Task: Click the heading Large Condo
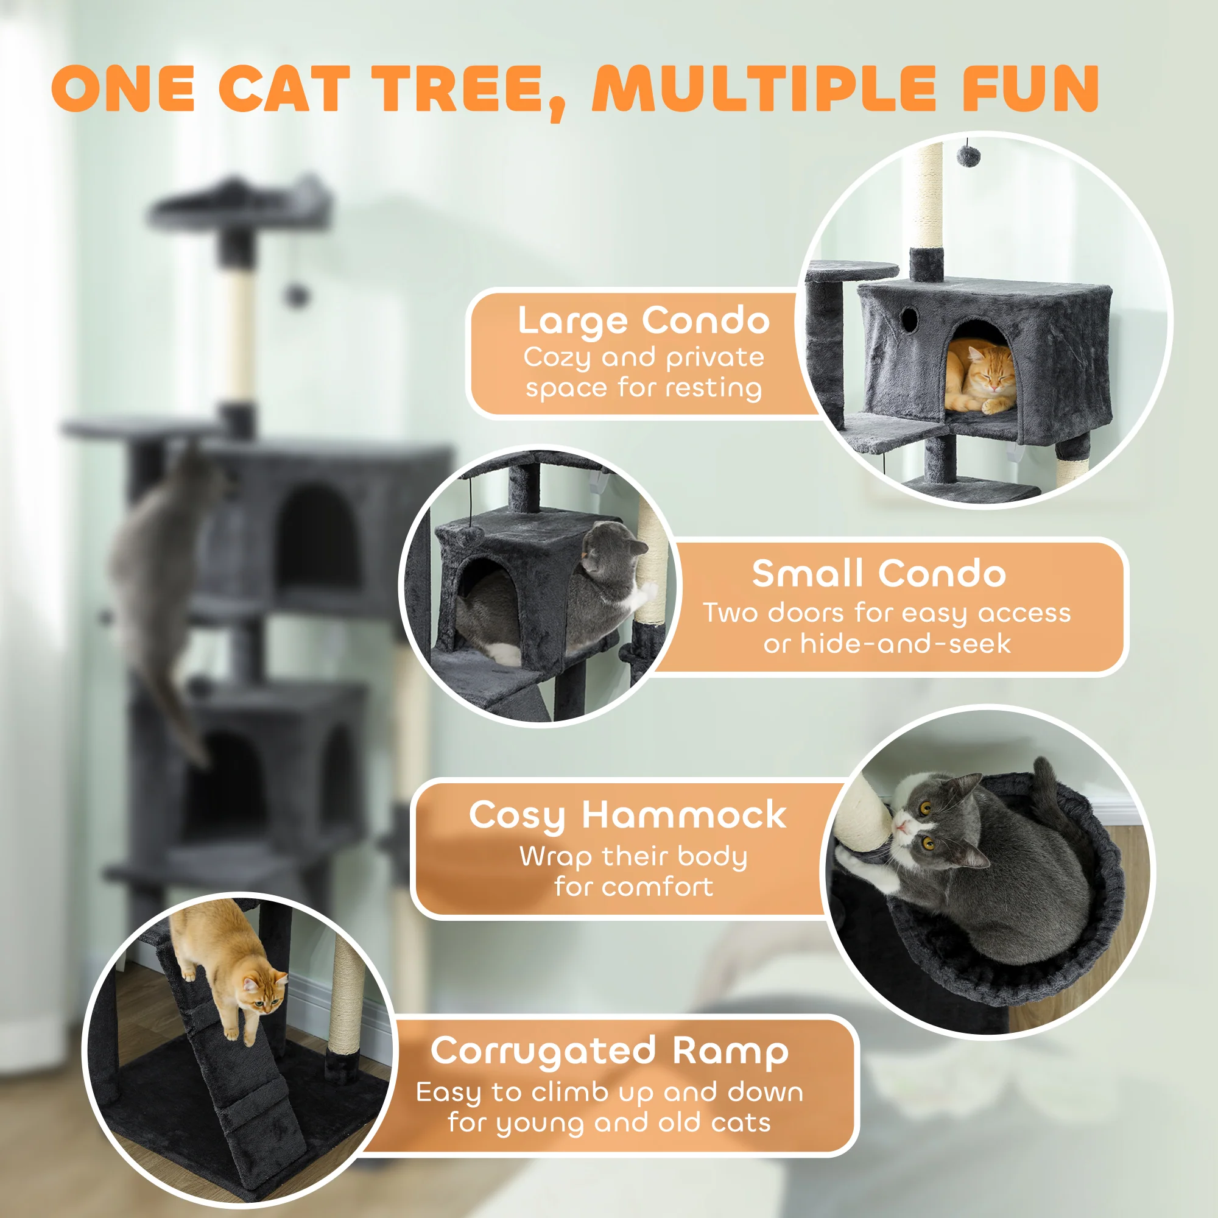643,321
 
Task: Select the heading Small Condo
878,574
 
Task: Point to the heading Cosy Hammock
627,815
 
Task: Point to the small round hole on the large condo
909,319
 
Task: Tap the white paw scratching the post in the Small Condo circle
647,593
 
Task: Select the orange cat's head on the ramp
264,994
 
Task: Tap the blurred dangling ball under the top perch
296,294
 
